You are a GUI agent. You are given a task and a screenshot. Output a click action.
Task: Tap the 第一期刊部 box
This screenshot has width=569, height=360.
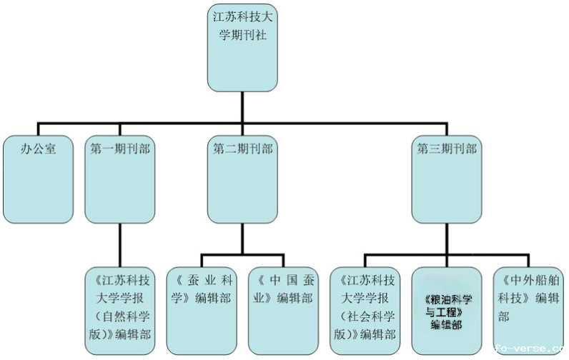point(120,179)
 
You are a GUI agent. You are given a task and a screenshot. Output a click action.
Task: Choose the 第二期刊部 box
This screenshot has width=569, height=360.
point(242,179)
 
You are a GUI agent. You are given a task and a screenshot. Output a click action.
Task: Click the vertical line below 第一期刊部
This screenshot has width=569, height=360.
point(120,244)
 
